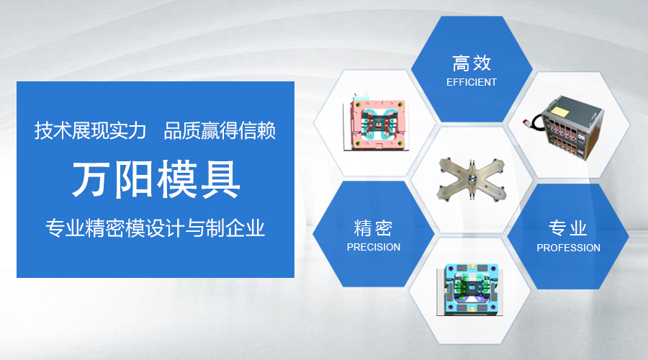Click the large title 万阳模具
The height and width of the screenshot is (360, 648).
click(156, 179)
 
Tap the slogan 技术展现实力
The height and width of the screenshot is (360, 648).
click(91, 130)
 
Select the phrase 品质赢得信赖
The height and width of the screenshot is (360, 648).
click(220, 130)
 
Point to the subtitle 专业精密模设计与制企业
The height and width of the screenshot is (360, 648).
click(155, 228)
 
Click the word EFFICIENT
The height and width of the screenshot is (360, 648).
click(472, 82)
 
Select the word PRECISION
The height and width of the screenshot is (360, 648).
click(374, 247)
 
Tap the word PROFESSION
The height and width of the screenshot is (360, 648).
click(568, 248)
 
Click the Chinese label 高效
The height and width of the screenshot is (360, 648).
click(472, 63)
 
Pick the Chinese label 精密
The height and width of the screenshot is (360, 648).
click(373, 228)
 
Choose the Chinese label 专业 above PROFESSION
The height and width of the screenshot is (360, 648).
click(568, 228)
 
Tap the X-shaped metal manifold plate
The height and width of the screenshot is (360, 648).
click(472, 181)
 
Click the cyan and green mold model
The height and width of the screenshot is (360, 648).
click(470, 289)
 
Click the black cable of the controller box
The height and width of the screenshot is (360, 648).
click(537, 122)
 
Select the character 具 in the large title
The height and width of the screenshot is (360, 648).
click(221, 179)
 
